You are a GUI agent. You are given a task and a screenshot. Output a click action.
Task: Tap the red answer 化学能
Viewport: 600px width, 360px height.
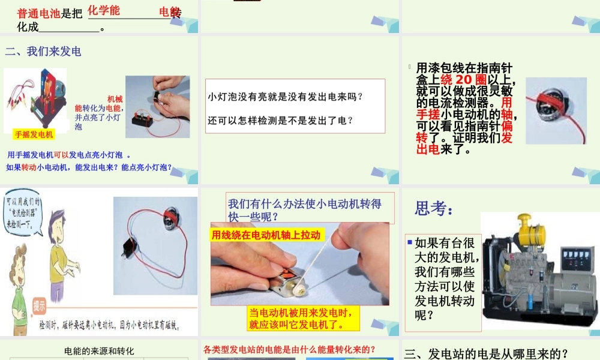point(104,10)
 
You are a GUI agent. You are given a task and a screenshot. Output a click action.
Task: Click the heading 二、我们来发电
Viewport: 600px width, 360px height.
point(43,52)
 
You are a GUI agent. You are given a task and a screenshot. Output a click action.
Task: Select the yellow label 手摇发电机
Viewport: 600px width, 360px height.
point(34,134)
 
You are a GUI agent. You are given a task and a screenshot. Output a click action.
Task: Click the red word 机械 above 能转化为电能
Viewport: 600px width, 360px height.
point(115,98)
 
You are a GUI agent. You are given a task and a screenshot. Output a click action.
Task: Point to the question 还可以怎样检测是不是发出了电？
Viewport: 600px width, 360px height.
point(280,121)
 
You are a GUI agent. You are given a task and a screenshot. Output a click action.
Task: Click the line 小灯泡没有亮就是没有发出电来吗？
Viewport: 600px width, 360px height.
point(286,97)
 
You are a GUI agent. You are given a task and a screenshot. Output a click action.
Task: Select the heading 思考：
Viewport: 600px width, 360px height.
point(434,209)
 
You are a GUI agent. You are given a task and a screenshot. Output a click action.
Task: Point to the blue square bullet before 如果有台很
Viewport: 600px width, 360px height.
point(409,242)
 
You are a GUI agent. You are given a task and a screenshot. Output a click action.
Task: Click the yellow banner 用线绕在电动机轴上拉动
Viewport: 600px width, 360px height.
point(266,235)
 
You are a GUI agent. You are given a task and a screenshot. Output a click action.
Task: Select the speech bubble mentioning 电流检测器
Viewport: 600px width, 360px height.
point(23,213)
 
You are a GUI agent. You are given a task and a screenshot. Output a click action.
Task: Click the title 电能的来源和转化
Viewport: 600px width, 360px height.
point(99,351)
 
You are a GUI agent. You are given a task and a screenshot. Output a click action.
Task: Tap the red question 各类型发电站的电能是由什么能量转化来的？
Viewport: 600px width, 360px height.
point(289,349)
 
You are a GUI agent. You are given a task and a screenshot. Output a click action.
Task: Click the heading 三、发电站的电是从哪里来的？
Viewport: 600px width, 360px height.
point(486,353)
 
